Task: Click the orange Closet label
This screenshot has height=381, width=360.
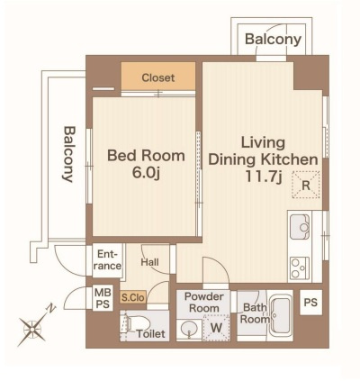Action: pos(158,77)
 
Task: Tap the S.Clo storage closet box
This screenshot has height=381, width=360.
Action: pos(133,297)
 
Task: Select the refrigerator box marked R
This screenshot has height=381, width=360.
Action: pos(306,185)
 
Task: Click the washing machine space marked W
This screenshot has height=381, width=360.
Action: pos(216,328)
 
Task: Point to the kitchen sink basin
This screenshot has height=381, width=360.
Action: pos(300,227)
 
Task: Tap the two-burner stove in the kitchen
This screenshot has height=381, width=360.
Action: pos(300,268)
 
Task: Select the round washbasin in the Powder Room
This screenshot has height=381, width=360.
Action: pos(189,330)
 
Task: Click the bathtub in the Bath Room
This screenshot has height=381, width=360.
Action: pos(280,315)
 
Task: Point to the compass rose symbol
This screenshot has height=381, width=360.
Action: pos(31,330)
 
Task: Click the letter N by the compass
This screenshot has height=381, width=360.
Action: pos(51,308)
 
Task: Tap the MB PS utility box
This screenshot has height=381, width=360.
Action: pos(103,298)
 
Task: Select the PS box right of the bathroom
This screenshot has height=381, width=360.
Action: pos(310,303)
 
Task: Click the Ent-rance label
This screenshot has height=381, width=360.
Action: pos(107,260)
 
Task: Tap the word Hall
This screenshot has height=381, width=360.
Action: pos(149,262)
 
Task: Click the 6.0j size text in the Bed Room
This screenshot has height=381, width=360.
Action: pos(146,173)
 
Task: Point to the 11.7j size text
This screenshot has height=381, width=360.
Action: pos(263,177)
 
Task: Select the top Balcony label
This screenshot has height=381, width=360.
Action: pos(273,40)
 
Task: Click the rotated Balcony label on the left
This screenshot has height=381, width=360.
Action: pos(69,154)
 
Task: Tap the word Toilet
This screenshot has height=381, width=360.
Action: pos(150,333)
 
